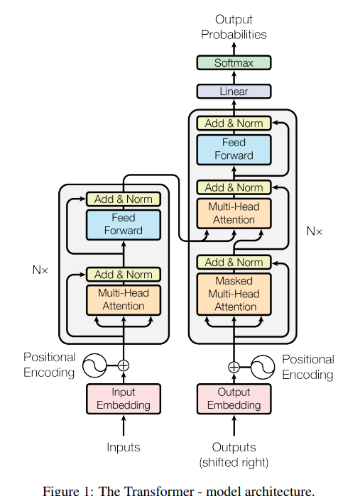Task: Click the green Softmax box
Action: [234, 62]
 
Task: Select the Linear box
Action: [234, 92]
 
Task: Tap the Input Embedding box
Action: [124, 399]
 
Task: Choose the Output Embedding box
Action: [234, 399]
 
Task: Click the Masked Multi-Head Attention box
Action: [234, 294]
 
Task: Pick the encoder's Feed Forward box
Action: [124, 225]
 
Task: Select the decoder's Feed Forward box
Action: [234, 150]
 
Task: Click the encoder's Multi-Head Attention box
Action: [124, 300]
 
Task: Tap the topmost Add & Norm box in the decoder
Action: [234, 123]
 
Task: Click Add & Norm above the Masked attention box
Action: [234, 263]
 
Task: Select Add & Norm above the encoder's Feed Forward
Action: [124, 199]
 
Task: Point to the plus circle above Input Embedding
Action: [124, 365]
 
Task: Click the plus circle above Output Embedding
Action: [234, 367]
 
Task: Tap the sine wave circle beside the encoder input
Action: [94, 365]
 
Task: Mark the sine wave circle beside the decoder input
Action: [263, 367]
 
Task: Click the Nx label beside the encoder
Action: [40, 270]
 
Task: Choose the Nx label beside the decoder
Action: [315, 231]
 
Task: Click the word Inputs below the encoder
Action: [124, 447]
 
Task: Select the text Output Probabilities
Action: [234, 27]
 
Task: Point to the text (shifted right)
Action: [234, 463]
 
